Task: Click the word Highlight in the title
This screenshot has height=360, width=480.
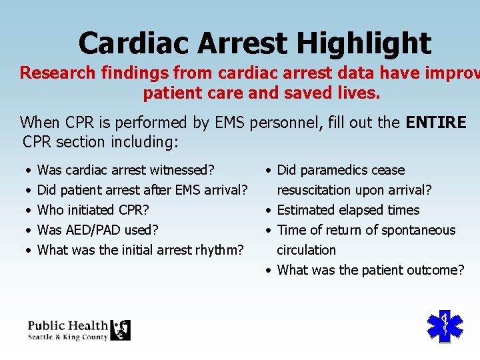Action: pos(364,44)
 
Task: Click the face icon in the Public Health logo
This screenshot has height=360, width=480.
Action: pos(121,330)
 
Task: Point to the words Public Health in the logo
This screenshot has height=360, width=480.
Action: pos(67,325)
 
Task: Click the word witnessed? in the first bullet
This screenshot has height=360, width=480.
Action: pos(185,170)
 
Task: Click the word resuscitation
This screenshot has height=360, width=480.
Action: pos(315,190)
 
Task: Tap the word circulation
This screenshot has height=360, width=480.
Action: pos(306,250)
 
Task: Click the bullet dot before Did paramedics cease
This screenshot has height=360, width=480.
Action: pos(268,171)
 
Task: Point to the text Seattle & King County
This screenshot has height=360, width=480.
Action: pos(67,337)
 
